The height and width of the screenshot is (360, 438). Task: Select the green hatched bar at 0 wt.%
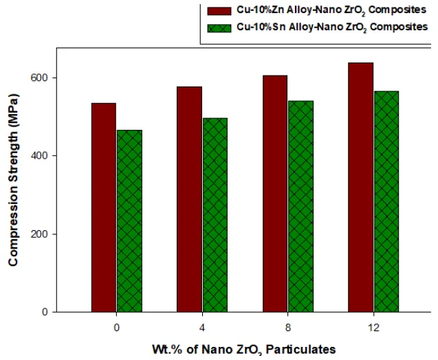point(129,221)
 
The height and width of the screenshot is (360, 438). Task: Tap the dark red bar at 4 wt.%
point(189,199)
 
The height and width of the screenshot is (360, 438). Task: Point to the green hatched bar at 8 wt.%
point(300,206)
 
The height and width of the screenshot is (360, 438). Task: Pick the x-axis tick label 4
point(202,328)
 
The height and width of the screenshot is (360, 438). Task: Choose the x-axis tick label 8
point(287,328)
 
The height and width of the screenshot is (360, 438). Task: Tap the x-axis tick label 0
point(117,328)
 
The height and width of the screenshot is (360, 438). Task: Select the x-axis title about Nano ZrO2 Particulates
point(245,349)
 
